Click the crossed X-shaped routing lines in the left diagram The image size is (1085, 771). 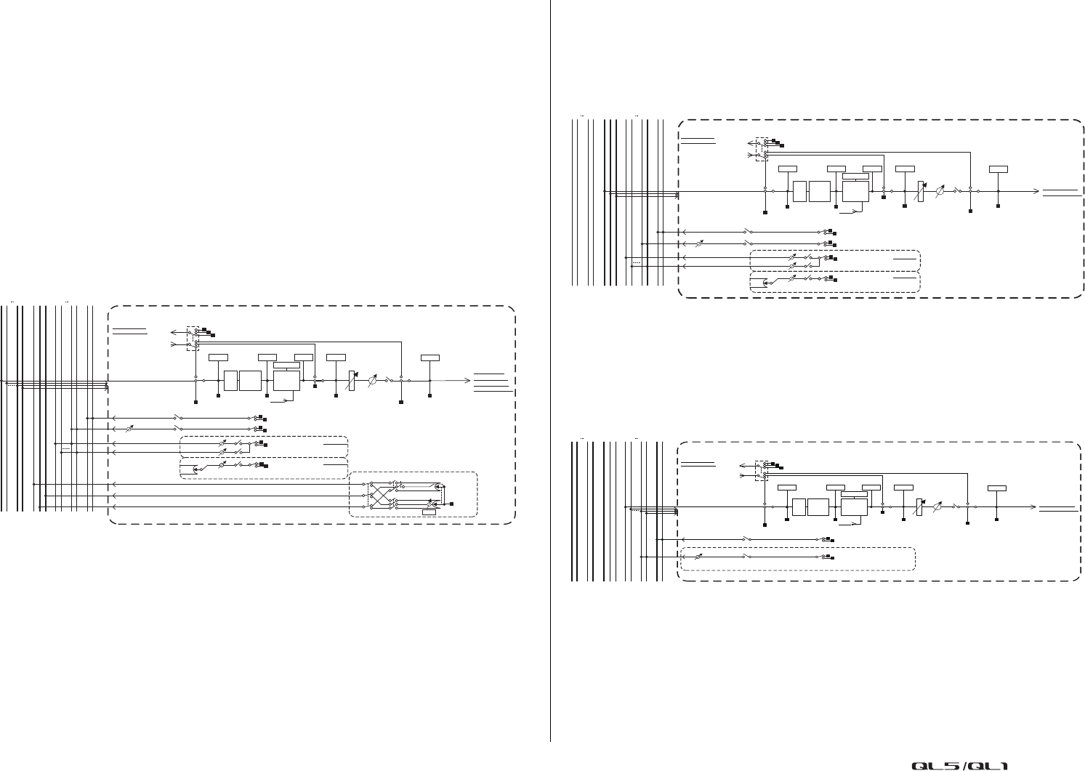point(379,493)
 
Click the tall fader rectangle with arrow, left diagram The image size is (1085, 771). point(352,380)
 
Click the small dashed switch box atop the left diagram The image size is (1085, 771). point(193,338)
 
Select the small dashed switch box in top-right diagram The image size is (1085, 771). point(762,149)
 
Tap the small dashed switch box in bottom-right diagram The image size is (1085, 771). point(761,469)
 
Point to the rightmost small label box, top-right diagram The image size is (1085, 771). point(999,169)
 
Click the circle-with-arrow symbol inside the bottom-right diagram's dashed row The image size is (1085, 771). point(699,557)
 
